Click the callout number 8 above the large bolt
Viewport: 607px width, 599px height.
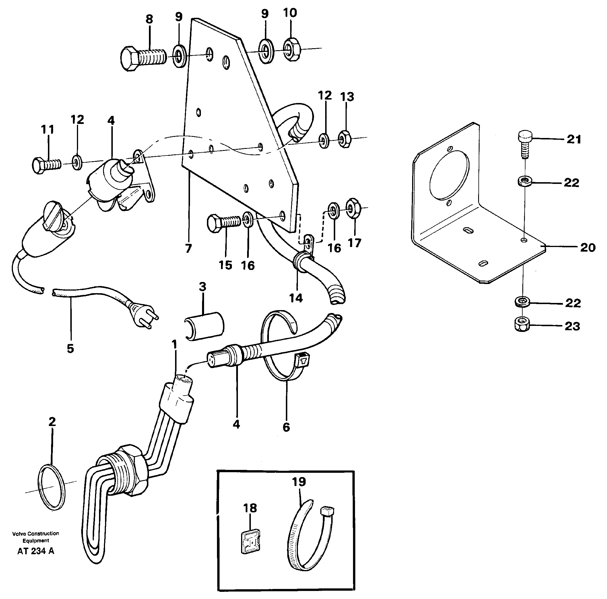pos(149,20)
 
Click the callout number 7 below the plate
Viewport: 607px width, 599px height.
pos(188,249)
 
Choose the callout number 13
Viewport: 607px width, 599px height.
pos(347,97)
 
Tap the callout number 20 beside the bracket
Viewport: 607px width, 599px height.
pos(587,248)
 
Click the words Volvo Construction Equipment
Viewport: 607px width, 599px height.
pos(36,537)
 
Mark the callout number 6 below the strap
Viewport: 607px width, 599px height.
pos(286,427)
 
